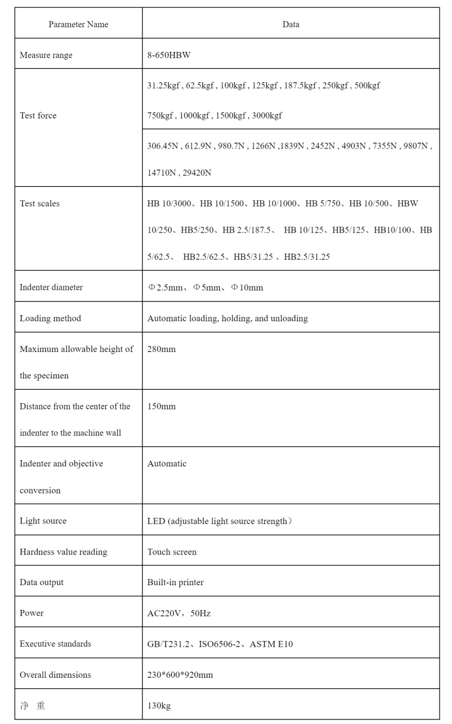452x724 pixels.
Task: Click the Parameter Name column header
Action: point(78,24)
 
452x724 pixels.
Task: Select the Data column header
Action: point(290,24)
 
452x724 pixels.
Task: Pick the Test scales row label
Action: point(40,203)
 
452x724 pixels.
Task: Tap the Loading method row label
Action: point(50,319)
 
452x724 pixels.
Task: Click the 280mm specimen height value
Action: point(162,349)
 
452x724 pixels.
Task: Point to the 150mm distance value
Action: point(162,407)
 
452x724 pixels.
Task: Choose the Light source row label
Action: point(43,521)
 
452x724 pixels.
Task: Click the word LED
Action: point(156,521)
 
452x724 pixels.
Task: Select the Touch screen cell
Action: point(172,552)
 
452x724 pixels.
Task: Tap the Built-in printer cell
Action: point(175,582)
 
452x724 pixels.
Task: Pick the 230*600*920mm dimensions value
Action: point(180,675)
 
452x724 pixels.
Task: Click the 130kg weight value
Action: point(159,705)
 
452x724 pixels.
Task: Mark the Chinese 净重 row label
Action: point(32,705)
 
